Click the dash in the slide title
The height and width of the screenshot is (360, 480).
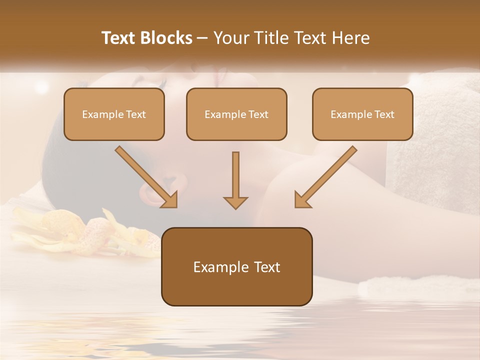[202, 38]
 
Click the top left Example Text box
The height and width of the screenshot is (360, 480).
[114, 114]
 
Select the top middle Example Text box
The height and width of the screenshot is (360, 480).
[236, 114]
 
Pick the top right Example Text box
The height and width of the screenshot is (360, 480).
[362, 114]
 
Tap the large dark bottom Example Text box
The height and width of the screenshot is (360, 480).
[236, 266]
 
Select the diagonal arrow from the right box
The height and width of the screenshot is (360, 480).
[327, 175]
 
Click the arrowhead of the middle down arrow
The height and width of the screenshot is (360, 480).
[235, 202]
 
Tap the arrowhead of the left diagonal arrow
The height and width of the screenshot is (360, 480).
[170, 200]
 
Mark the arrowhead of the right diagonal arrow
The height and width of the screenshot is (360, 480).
[301, 200]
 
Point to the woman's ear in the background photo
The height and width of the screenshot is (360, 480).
[152, 192]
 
